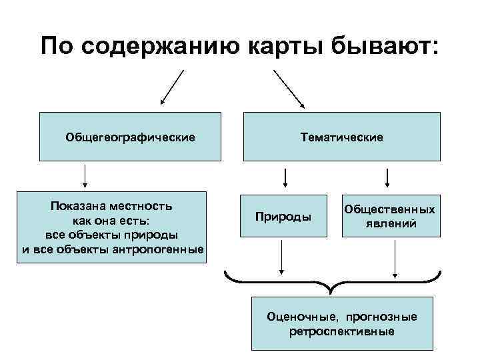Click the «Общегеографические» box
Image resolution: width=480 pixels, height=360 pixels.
(130, 137)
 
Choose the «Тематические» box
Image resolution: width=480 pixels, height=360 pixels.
(341, 137)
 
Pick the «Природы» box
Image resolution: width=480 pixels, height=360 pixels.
(284, 217)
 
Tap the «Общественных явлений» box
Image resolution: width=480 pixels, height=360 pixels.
(390, 217)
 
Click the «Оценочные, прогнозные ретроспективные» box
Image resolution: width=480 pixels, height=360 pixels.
(341, 323)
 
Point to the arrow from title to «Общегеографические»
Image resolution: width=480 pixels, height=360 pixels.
(172, 88)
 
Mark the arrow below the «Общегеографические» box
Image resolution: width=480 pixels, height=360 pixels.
(85, 176)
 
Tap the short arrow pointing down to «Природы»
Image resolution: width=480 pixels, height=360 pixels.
(285, 177)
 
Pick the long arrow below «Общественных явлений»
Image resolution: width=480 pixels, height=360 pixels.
(396, 258)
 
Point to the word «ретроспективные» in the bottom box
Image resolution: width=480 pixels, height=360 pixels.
(341, 331)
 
